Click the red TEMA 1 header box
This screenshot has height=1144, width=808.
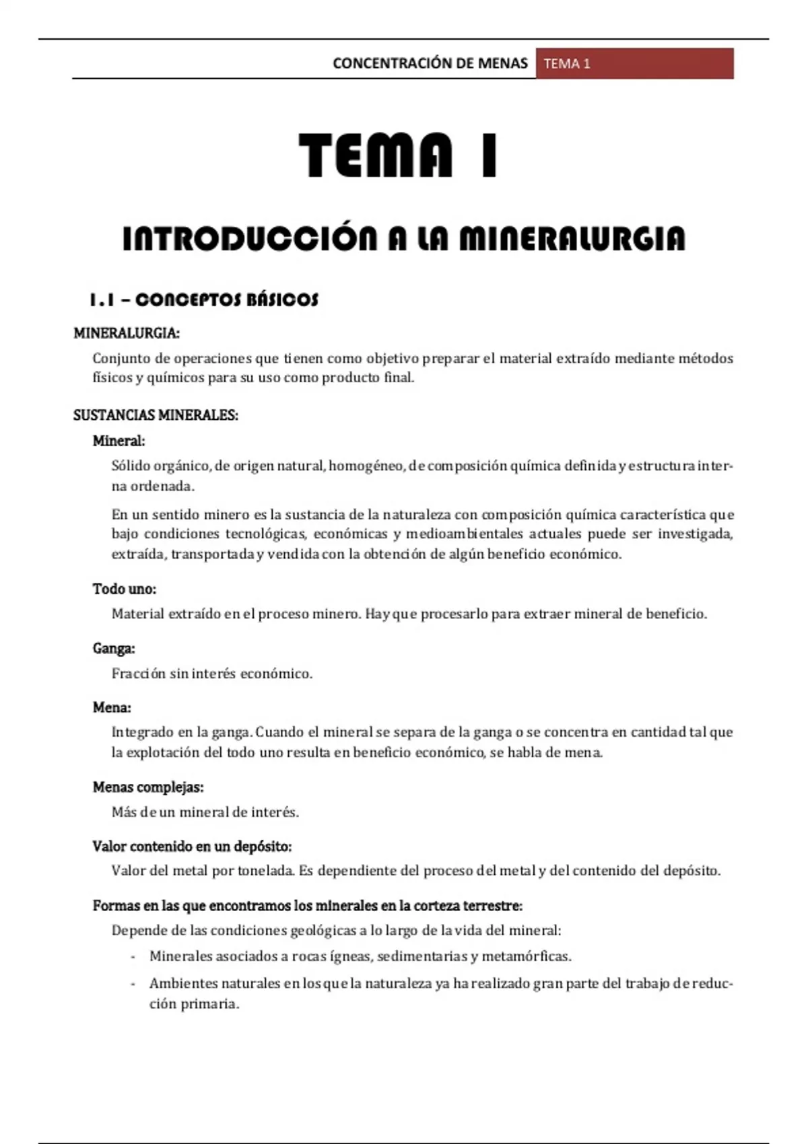pos(634,63)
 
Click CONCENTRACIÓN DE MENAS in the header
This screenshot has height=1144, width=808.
pos(430,63)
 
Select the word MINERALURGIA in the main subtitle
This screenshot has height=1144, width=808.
pos(572,239)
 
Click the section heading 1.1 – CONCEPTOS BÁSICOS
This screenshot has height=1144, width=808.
pos(203,299)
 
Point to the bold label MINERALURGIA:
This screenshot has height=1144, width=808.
pos(126,333)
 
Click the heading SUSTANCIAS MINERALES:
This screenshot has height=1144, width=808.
pos(156,415)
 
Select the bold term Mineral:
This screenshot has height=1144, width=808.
pos(119,441)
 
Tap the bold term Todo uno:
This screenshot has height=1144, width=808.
pos(124,589)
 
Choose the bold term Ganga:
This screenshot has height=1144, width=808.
pos(114,648)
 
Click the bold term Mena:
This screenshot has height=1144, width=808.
pos(112,707)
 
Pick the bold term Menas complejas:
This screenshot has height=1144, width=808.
pos(148,787)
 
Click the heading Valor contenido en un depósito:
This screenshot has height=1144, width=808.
pos(192,846)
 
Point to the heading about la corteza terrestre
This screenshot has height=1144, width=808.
pos(308,906)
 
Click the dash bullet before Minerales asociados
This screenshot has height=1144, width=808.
pos(133,956)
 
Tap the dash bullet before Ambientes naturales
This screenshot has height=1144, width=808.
pos(133,984)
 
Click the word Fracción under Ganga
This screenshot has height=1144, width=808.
pos(138,674)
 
